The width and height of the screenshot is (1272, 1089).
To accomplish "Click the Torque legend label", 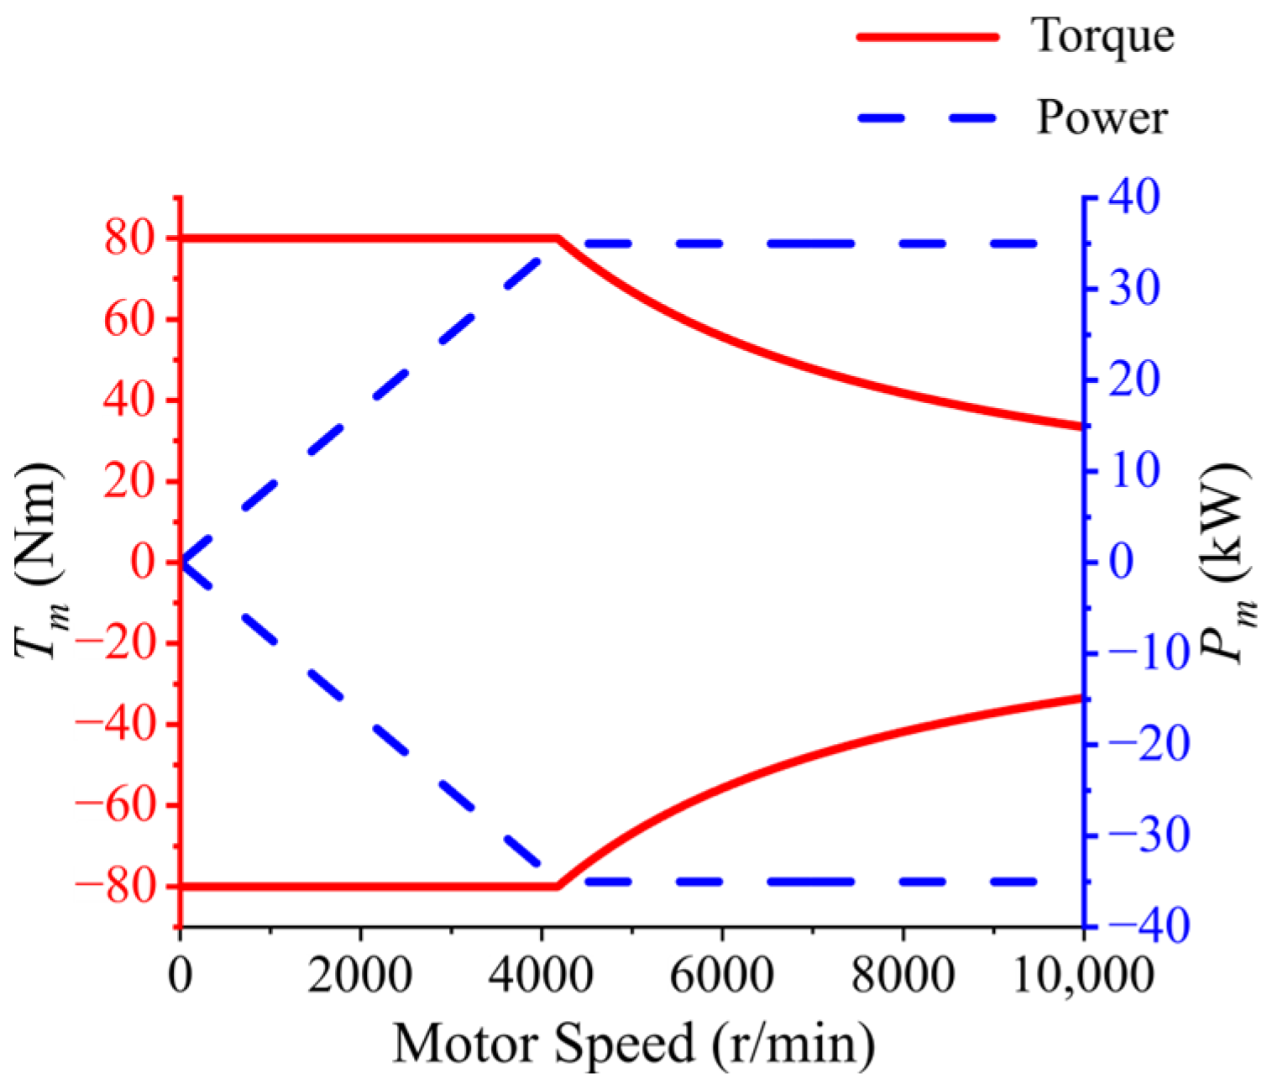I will (x=1102, y=38).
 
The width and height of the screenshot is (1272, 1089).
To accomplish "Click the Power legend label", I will (x=1102, y=118).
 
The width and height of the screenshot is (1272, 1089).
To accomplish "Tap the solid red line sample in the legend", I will (x=928, y=36).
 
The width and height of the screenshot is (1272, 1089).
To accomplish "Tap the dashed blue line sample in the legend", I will (x=928, y=118).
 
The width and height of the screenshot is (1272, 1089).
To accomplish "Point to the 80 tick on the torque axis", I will (x=130, y=239).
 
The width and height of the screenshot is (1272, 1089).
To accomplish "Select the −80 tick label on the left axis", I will (x=117, y=887).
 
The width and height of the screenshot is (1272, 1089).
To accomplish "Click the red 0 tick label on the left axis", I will (x=144, y=562).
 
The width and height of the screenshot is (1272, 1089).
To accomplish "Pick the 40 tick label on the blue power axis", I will (x=1133, y=198).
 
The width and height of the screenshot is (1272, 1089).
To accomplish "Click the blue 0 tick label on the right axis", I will (x=1121, y=562).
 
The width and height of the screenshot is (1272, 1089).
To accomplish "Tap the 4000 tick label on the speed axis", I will (x=542, y=976).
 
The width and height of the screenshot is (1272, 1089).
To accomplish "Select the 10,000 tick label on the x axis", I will (x=1083, y=976).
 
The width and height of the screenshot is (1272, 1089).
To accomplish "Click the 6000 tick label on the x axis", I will (x=722, y=976).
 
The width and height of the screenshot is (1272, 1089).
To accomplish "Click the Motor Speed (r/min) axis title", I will (x=634, y=1044).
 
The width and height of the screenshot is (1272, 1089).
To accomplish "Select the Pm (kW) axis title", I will (x=1228, y=561).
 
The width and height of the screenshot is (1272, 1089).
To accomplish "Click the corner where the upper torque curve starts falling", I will (x=558, y=239).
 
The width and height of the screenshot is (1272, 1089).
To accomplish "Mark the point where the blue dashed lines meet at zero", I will (x=181, y=562).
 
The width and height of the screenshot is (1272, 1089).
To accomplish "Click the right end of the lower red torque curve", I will (x=1081, y=697).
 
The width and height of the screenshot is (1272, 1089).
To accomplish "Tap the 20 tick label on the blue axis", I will (x=1133, y=380).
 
